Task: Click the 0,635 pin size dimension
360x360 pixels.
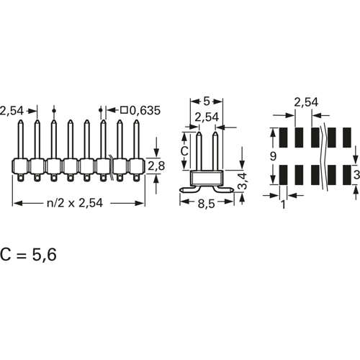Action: pyautogui.click(x=145, y=111)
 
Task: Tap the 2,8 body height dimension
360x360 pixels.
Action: pyautogui.click(x=156, y=166)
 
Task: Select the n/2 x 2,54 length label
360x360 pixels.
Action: pyautogui.click(x=75, y=203)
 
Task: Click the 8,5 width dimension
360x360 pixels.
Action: pyautogui.click(x=207, y=204)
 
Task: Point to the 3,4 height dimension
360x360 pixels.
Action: pyautogui.click(x=243, y=181)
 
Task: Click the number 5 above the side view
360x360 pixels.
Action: pyautogui.click(x=207, y=102)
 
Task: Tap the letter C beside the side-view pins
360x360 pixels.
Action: pyautogui.click(x=184, y=151)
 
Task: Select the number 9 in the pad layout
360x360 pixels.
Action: pyautogui.click(x=273, y=156)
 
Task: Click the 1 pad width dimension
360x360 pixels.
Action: pyautogui.click(x=283, y=205)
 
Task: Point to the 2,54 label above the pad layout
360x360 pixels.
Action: pyautogui.click(x=306, y=102)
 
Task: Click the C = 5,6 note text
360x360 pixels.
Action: pyautogui.click(x=28, y=254)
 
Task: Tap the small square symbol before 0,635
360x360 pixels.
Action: pyautogui.click(x=124, y=110)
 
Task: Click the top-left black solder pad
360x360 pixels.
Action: pyautogui.click(x=283, y=138)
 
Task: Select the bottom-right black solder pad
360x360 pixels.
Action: pyautogui.click(x=347, y=175)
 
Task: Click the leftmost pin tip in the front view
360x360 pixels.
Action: pyautogui.click(x=21, y=120)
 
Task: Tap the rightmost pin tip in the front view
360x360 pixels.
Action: pyautogui.click(x=136, y=120)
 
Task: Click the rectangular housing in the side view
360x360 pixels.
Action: pyautogui.click(x=207, y=178)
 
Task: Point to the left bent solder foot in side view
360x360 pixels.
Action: pyautogui.click(x=189, y=189)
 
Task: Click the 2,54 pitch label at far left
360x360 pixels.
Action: pyautogui.click(x=12, y=111)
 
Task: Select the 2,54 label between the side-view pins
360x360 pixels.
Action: pyautogui.click(x=207, y=117)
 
